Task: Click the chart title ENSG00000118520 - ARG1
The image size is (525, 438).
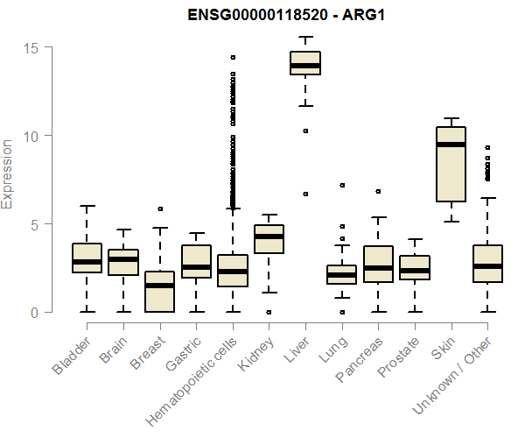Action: tap(287, 15)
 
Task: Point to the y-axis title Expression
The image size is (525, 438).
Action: tap(8, 173)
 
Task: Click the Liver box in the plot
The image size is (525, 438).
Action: tap(305, 63)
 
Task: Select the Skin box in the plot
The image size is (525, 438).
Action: tap(451, 165)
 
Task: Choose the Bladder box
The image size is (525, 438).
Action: tap(87, 258)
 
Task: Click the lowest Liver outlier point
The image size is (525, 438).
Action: tap(305, 194)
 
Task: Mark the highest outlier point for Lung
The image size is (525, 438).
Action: tap(342, 186)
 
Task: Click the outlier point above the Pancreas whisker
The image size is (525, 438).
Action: tap(378, 191)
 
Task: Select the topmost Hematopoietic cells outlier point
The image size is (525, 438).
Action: tap(233, 57)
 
